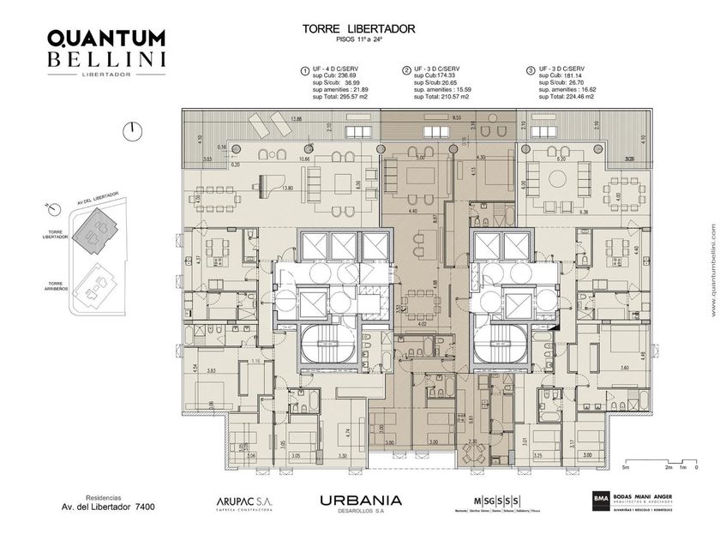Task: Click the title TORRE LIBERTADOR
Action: click(359, 28)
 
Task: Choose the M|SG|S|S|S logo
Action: click(497, 500)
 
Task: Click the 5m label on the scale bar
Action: click(627, 467)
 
